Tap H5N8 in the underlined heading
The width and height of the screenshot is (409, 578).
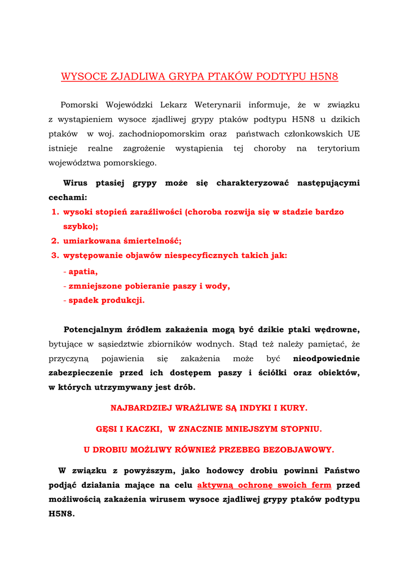point(324,77)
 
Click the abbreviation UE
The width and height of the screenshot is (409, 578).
point(354,134)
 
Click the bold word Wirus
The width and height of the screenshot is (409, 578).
point(75,183)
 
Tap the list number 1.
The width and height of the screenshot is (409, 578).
point(55,212)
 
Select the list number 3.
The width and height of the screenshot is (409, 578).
point(55,256)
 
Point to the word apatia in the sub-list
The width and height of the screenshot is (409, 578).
point(83,272)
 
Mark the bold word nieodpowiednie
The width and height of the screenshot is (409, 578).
point(327,358)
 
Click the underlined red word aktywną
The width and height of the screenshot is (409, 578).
point(216,485)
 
